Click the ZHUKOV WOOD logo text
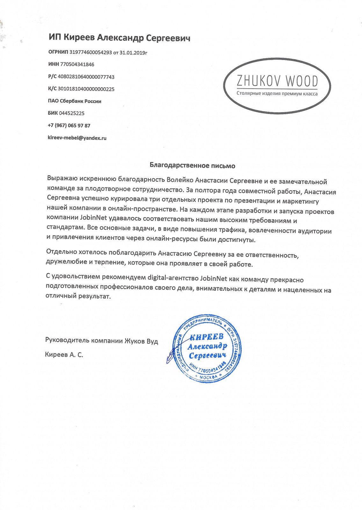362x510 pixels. [277, 81]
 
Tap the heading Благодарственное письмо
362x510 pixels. [192, 166]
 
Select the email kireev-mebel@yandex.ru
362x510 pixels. [77, 138]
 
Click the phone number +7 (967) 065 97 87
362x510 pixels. [69, 126]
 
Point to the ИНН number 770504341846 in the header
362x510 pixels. [77, 64]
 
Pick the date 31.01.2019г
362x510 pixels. [133, 53]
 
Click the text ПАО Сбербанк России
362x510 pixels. [75, 101]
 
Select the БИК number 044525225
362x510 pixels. [72, 113]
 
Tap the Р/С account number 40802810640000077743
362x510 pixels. [86, 77]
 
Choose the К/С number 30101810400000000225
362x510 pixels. [86, 89]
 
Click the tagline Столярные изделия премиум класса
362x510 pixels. [277, 94]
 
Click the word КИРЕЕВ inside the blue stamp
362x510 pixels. [206, 337]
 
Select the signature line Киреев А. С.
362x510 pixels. [64, 354]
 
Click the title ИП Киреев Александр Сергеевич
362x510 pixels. [119, 38]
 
